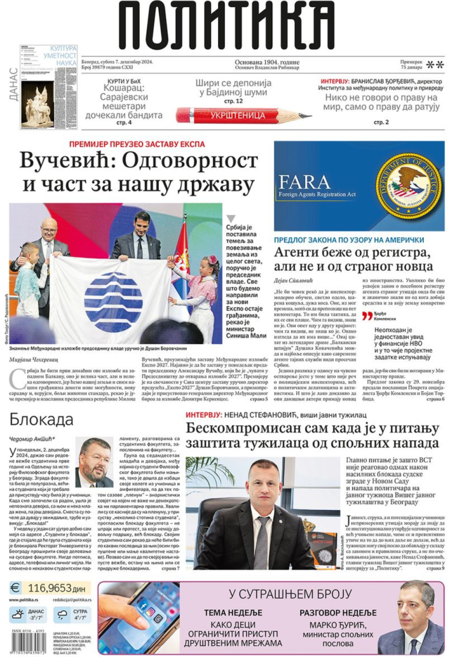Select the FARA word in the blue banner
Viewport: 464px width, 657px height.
click(x=304, y=182)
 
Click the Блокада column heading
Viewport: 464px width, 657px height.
click(x=41, y=419)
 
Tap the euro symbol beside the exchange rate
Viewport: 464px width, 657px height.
click(x=15, y=587)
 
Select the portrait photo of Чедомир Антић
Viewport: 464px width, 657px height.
click(x=94, y=462)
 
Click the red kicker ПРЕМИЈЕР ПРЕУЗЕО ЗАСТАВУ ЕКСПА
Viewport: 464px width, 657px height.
click(x=137, y=144)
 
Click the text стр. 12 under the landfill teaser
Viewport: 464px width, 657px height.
click(x=233, y=102)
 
